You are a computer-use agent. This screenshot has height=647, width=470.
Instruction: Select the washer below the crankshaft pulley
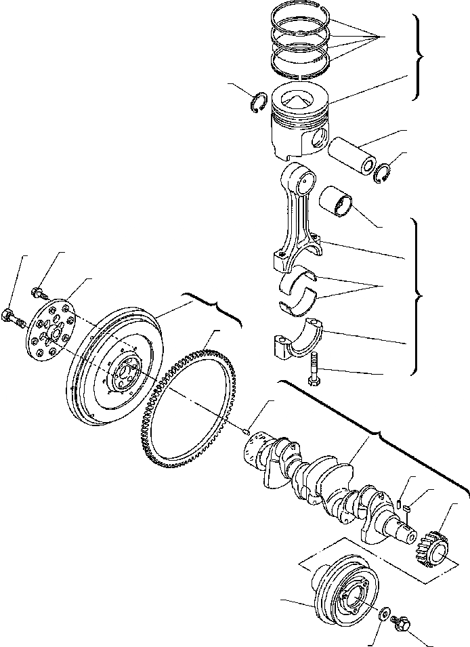pyautogui.click(x=385, y=614)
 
